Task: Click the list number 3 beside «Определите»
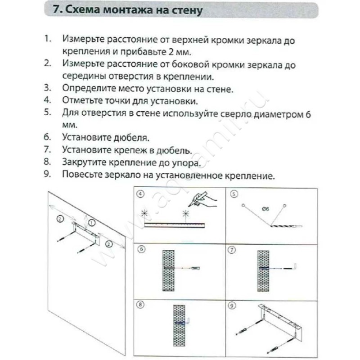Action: (47, 88)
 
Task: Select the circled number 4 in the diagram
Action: (141, 195)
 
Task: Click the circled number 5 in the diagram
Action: (234, 195)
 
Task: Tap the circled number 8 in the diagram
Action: (141, 305)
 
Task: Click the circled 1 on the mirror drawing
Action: (92, 222)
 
